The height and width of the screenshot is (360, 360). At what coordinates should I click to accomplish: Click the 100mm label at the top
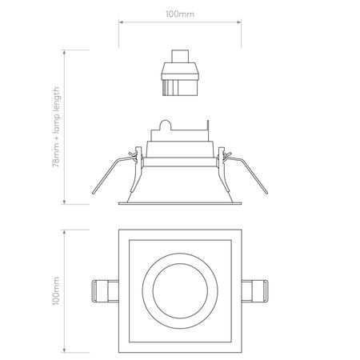coord(181,13)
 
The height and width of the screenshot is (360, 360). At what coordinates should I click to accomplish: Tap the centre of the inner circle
coord(181,289)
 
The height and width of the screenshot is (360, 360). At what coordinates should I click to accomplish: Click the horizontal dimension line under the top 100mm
coord(181,23)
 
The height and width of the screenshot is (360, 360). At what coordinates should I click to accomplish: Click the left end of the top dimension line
coord(119,23)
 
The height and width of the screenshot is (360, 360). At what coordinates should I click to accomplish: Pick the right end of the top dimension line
coord(242,23)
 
